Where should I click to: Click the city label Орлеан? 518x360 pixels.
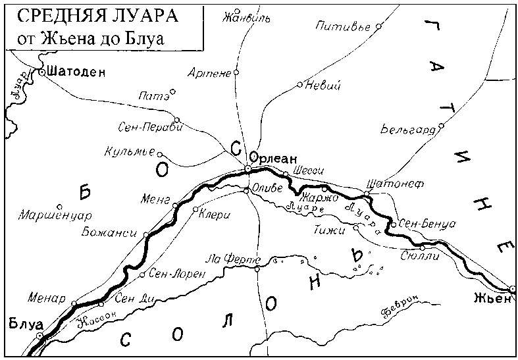click(x=274, y=159)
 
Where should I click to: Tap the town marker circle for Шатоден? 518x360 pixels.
click(x=41, y=72)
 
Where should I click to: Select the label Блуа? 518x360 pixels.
click(x=25, y=323)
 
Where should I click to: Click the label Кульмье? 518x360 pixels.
click(x=130, y=152)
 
